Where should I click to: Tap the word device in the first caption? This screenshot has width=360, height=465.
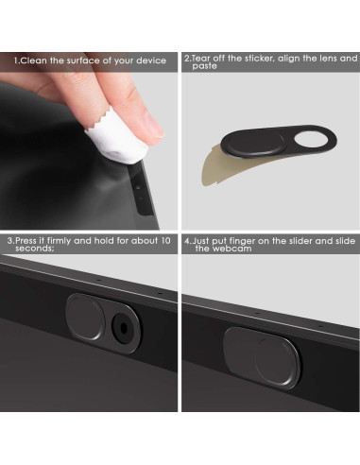[x=149, y=60]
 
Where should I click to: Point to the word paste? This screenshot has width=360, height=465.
[x=205, y=67]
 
